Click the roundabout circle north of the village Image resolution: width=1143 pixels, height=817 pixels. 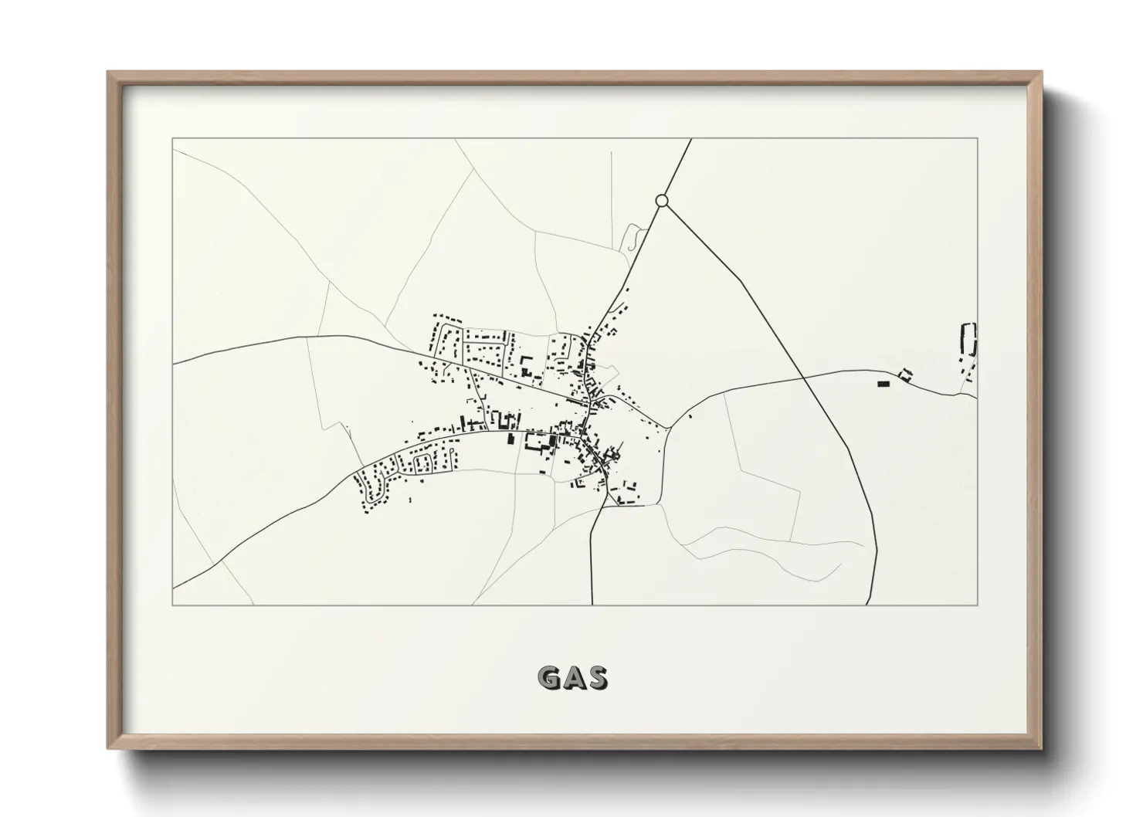point(661,201)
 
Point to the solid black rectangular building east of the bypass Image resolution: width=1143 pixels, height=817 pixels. point(884,383)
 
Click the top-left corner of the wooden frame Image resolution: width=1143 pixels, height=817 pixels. point(108,72)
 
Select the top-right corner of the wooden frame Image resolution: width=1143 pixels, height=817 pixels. point(1042,72)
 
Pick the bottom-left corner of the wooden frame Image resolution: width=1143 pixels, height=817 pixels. point(108,748)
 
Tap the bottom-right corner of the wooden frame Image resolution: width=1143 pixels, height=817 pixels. point(1042,748)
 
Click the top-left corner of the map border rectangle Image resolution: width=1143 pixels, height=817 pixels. point(172,138)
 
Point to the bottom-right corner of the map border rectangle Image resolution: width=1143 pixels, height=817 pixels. point(978,605)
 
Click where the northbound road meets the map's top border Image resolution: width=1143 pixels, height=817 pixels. point(690,138)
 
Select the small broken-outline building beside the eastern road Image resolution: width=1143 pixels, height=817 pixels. point(906,375)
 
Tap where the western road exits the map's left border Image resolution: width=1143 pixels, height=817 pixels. point(172,363)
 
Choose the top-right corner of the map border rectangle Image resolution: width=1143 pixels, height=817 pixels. point(978,138)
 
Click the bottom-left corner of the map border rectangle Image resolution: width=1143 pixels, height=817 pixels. point(172,605)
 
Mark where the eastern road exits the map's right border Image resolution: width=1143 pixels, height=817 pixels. point(978,398)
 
